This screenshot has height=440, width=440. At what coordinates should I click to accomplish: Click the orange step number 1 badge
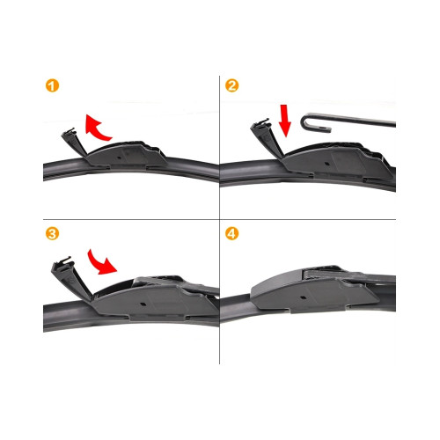(52, 85)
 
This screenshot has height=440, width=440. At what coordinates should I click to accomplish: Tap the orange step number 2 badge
(231, 85)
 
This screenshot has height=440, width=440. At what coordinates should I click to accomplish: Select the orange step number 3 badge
(52, 234)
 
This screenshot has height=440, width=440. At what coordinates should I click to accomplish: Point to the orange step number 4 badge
(231, 234)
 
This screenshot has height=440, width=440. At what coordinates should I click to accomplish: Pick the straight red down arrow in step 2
(284, 121)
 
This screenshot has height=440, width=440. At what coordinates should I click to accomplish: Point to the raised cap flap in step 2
(267, 137)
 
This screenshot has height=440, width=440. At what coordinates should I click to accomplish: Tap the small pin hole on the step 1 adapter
(120, 158)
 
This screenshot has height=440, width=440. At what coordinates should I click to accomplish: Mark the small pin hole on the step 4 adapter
(303, 298)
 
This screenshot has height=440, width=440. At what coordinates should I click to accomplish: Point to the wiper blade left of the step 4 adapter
(236, 308)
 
